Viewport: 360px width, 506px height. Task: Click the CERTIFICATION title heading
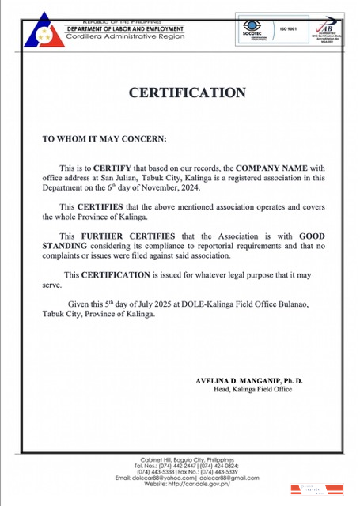(188, 93)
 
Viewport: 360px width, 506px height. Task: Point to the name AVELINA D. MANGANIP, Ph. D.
(248, 380)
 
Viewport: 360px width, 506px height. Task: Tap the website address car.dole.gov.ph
(196, 484)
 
